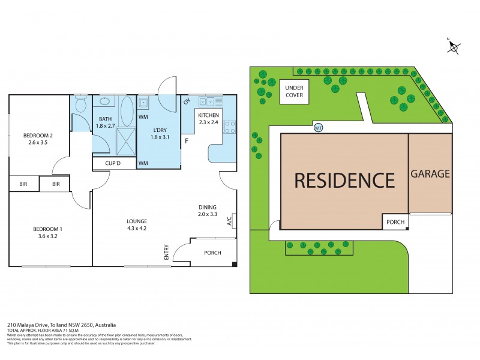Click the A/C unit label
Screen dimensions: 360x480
229,221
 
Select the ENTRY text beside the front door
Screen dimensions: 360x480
166,253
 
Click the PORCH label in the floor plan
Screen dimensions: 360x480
212,253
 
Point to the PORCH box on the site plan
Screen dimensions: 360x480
395,222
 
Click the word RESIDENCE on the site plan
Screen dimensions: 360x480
344,179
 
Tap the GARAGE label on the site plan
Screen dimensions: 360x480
430,174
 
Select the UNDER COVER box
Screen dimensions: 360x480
294,91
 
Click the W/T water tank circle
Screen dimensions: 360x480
318,128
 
